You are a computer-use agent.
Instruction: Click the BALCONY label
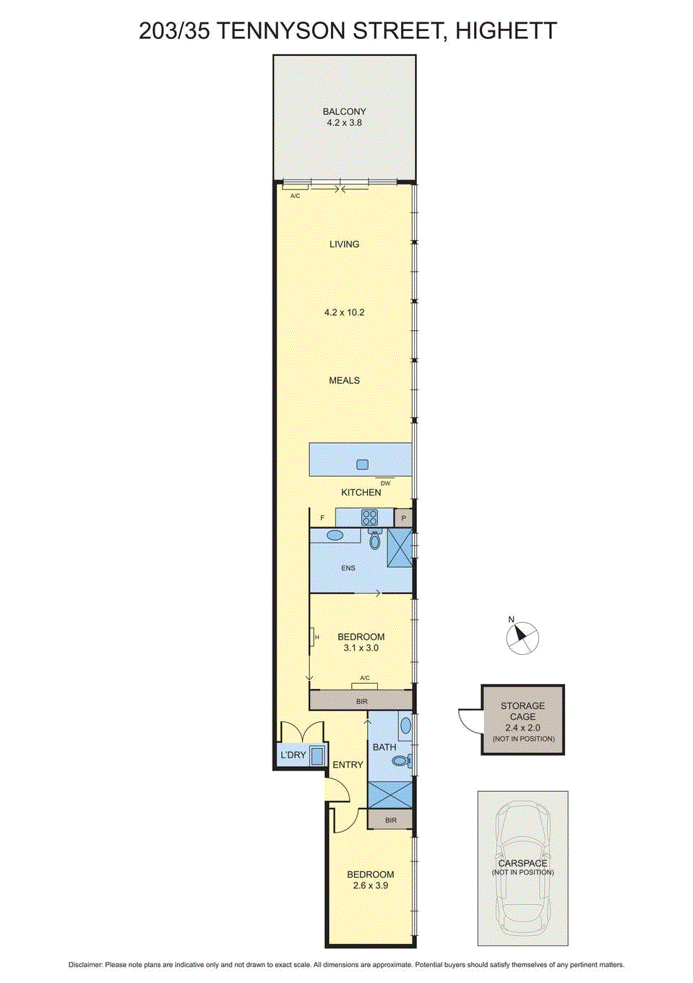click(344, 111)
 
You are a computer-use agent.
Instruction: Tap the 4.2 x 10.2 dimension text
click(344, 312)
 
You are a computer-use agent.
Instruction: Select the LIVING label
click(344, 244)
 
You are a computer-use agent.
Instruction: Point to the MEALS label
click(344, 380)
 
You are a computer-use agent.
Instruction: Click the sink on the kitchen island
click(362, 465)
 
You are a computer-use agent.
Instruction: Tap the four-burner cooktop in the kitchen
click(369, 518)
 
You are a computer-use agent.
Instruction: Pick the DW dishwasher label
click(385, 484)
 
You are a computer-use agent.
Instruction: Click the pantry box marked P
click(403, 518)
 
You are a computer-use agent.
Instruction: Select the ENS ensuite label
click(348, 568)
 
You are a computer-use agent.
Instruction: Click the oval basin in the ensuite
click(335, 536)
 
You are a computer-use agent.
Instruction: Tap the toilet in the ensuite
click(374, 540)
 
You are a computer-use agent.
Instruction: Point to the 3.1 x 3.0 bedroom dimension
click(361, 648)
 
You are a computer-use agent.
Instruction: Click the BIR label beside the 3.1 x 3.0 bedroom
click(361, 701)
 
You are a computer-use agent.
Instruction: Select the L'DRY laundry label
click(293, 755)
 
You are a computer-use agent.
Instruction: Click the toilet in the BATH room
click(402, 760)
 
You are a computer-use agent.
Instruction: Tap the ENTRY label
click(348, 765)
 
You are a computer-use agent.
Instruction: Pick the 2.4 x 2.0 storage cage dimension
click(522, 728)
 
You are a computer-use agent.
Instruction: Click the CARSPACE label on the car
click(522, 863)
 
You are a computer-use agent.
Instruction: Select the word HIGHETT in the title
click(506, 31)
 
